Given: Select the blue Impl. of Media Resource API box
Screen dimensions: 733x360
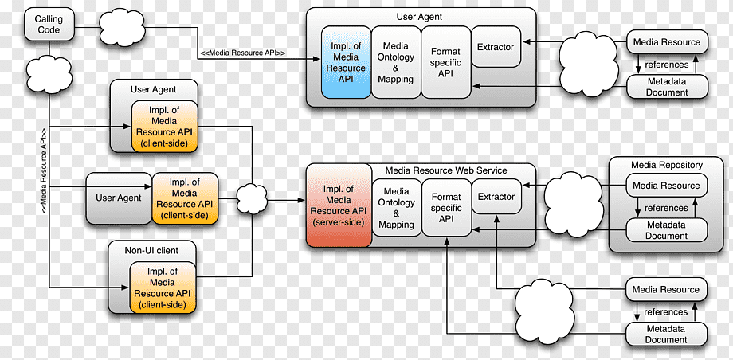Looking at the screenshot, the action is click(x=346, y=63).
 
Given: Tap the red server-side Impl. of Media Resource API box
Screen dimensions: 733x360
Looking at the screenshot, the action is click(x=339, y=205).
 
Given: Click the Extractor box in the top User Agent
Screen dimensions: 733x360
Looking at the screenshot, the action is click(x=496, y=47).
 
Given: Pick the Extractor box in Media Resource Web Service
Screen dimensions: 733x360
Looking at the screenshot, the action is click(x=496, y=197).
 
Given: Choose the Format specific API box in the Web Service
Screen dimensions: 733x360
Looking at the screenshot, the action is click(x=446, y=208).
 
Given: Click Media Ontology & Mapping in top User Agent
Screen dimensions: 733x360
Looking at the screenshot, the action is click(x=396, y=63).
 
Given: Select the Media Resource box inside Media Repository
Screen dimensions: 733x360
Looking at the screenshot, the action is click(x=666, y=186).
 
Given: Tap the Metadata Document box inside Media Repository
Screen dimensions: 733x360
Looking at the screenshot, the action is click(x=666, y=230).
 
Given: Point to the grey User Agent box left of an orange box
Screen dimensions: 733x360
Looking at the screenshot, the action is click(x=119, y=198).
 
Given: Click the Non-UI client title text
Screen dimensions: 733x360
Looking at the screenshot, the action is click(x=151, y=251).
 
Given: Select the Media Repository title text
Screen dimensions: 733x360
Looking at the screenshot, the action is click(x=667, y=165).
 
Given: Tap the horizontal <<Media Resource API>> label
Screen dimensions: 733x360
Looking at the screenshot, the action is click(x=243, y=53).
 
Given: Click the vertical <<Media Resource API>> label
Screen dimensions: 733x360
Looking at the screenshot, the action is click(x=44, y=171).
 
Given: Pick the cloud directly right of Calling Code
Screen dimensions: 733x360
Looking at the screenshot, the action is click(x=122, y=27).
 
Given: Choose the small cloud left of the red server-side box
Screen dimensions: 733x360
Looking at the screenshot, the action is click(x=252, y=198).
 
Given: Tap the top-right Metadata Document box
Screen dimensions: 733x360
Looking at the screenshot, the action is click(x=667, y=87).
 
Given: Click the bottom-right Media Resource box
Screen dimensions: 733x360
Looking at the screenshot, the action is click(x=666, y=289).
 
